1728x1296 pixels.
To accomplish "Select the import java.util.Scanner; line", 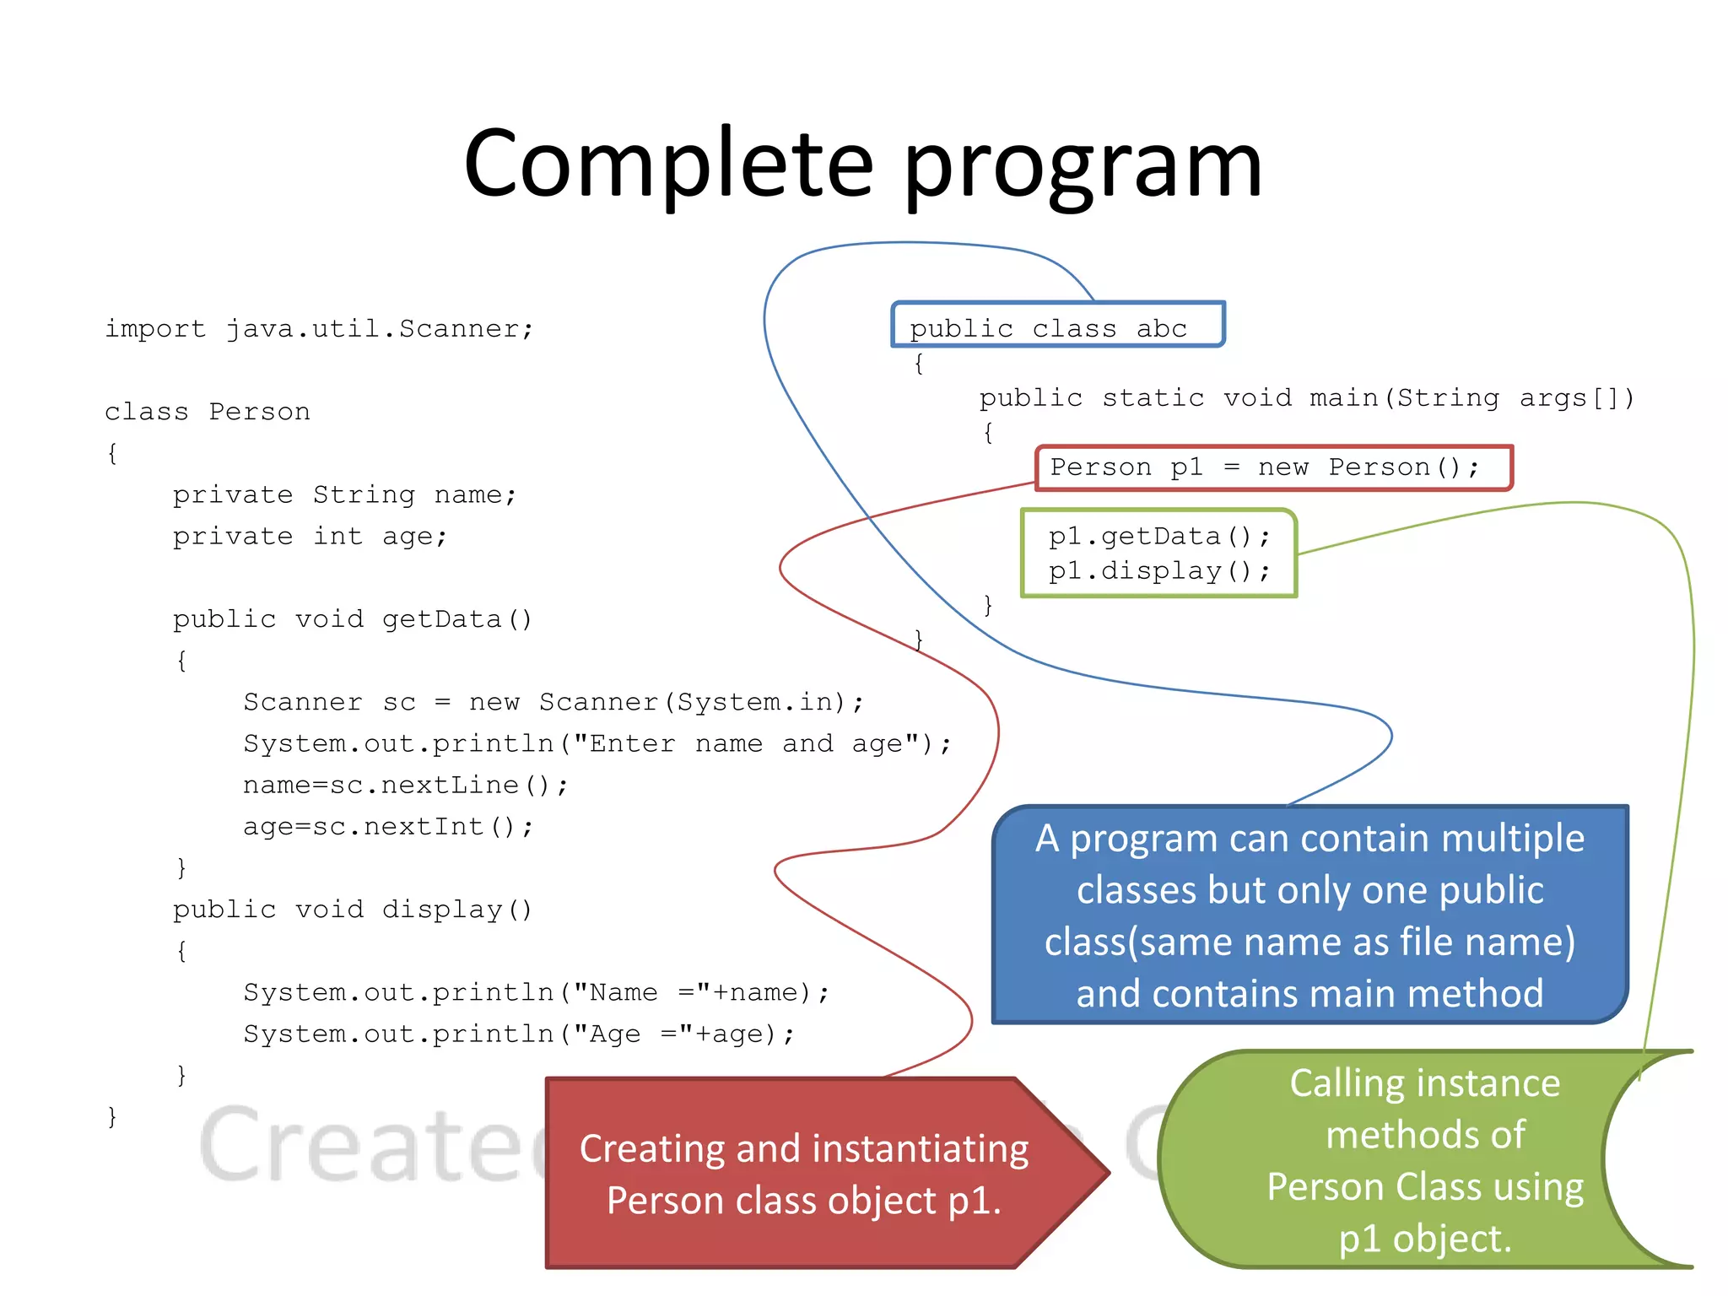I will pyautogui.click(x=319, y=329).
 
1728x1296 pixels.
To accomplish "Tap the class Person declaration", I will pyautogui.click(x=208, y=412).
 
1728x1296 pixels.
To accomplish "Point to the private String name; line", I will pyautogui.click(x=344, y=494).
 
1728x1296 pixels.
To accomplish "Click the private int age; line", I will pyautogui.click(x=310, y=537).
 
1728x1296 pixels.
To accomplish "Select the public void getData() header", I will pyautogui.click(x=353, y=619).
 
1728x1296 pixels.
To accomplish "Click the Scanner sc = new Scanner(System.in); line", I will pyautogui.click(x=553, y=702).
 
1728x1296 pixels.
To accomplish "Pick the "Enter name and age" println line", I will pyautogui.click(x=597, y=743).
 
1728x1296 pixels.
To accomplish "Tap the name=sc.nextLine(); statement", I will pyautogui.click(x=406, y=785).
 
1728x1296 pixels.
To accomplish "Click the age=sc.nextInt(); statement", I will pyautogui.click(x=388, y=826).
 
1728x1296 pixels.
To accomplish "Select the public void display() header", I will pyautogui.click(x=353, y=910).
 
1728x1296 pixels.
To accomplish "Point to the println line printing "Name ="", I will pyautogui.click(x=537, y=992).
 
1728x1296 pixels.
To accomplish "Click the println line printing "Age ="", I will pyautogui.click(x=519, y=1034).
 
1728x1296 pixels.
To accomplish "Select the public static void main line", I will pyautogui.click(x=1306, y=397).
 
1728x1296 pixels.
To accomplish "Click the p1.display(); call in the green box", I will pyautogui.click(x=1158, y=571).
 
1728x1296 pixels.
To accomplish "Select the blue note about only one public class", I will pyautogui.click(x=1309, y=915).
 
